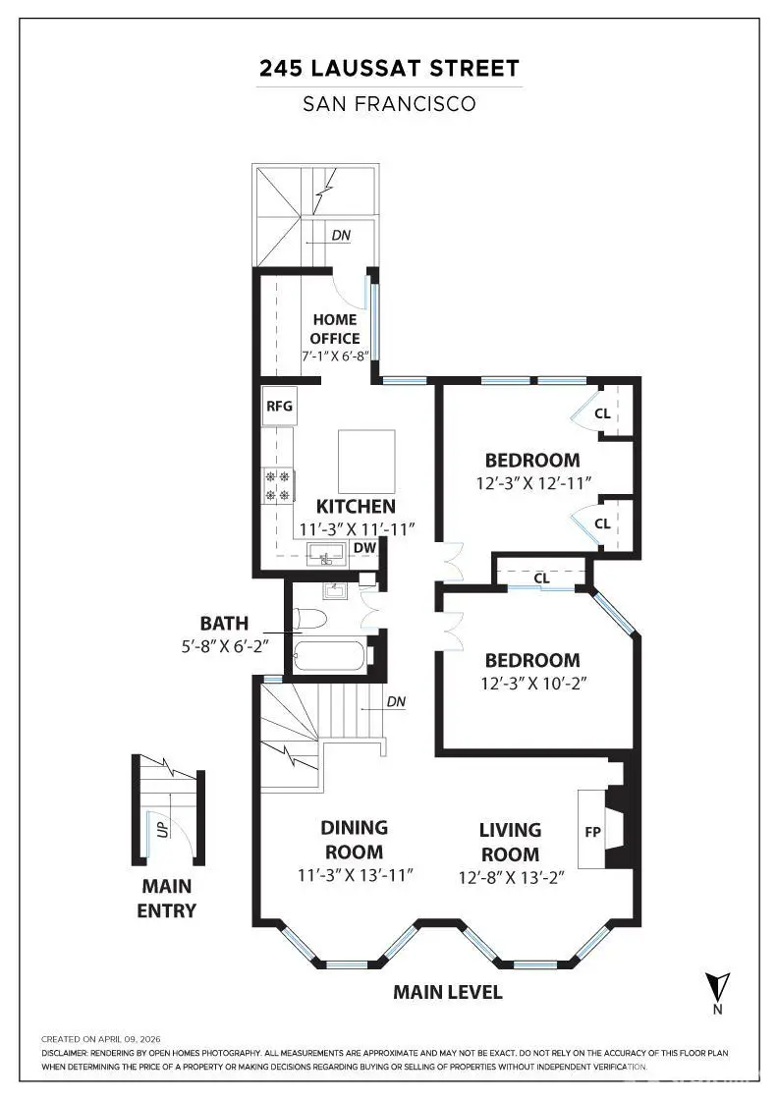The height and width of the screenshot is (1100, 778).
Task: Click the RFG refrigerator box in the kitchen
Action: (x=279, y=406)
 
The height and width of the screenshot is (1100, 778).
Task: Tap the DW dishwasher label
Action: (x=363, y=548)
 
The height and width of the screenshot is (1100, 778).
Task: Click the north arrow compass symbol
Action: (x=718, y=985)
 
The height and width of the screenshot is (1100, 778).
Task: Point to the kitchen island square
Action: (x=366, y=461)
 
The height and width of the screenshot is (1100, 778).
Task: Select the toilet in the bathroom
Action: (x=308, y=620)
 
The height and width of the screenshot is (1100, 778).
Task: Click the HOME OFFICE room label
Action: (x=335, y=329)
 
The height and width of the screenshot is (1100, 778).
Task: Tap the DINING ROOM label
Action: (x=355, y=840)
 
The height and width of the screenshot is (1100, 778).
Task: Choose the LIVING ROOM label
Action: (x=510, y=843)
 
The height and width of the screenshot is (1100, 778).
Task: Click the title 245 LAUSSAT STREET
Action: (x=389, y=69)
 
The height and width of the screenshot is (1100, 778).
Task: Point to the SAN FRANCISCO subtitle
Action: (x=389, y=103)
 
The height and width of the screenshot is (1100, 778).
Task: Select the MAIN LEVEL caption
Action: (x=448, y=992)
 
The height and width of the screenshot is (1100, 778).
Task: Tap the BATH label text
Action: (x=224, y=623)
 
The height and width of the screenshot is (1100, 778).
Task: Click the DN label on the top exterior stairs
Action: (x=340, y=236)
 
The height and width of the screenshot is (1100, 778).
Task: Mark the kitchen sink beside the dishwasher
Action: (x=324, y=552)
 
